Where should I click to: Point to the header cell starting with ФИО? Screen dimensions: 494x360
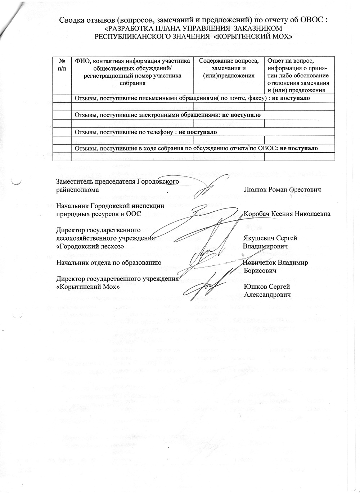pyautogui.click(x=132, y=72)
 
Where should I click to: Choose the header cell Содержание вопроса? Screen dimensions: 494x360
pyautogui.click(x=229, y=68)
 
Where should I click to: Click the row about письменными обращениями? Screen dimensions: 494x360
pyautogui.click(x=192, y=98)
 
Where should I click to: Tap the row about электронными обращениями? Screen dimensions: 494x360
pyautogui.click(x=167, y=115)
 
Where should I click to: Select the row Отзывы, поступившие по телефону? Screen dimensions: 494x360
pyautogui.click(x=145, y=132)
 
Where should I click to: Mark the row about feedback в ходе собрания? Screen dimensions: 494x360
pyautogui.click(x=196, y=148)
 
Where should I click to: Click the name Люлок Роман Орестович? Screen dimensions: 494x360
pyautogui.click(x=282, y=189)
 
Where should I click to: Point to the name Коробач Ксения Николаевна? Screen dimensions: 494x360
pyautogui.click(x=287, y=214)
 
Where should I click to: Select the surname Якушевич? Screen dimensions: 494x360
pyautogui.click(x=258, y=238)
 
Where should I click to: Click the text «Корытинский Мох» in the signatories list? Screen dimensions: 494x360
pyautogui.click(x=88, y=287)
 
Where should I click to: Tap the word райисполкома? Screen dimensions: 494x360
pyautogui.click(x=77, y=189)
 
